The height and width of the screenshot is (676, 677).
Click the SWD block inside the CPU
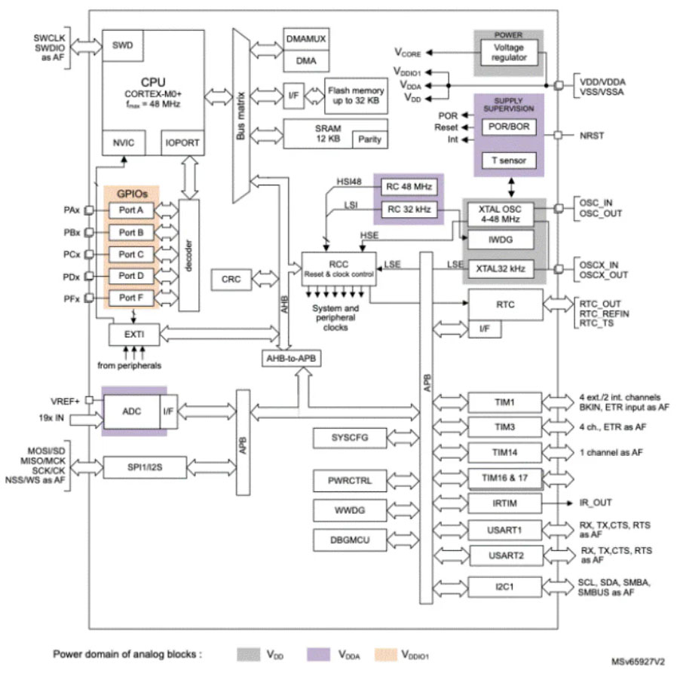(x=122, y=45)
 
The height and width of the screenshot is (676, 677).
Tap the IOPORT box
(x=182, y=142)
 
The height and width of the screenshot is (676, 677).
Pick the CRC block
(x=231, y=280)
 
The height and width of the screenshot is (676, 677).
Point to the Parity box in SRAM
(x=369, y=139)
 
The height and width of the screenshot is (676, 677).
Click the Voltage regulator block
(x=507, y=53)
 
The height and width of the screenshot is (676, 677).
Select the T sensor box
(x=509, y=160)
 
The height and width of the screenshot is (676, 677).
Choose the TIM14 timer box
(x=504, y=452)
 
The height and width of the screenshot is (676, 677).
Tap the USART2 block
(x=504, y=556)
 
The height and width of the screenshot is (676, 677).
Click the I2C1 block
(x=504, y=586)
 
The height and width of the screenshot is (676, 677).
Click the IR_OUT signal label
(x=595, y=502)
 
